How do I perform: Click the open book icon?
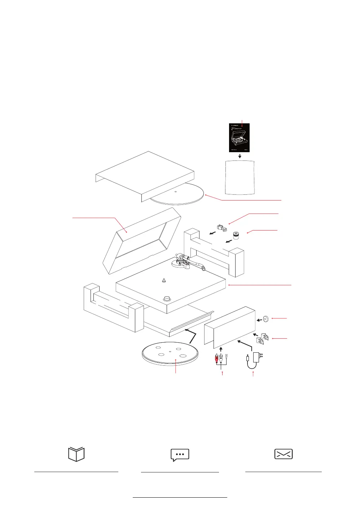coord(76,454)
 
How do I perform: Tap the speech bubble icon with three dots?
coord(180,455)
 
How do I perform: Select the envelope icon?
coord(283,454)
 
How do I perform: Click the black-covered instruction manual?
coord(240,138)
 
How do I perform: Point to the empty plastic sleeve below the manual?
coord(240,177)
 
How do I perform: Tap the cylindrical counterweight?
coord(237,235)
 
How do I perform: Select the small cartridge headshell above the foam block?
coord(221,228)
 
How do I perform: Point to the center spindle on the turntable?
coord(164,280)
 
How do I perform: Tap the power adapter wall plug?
coord(258,357)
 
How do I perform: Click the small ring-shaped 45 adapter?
coord(266,319)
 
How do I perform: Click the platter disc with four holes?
coord(170,354)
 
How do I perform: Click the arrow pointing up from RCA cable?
coord(221,349)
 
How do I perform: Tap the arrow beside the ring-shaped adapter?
coord(259,320)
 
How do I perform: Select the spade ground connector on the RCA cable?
coord(226,358)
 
